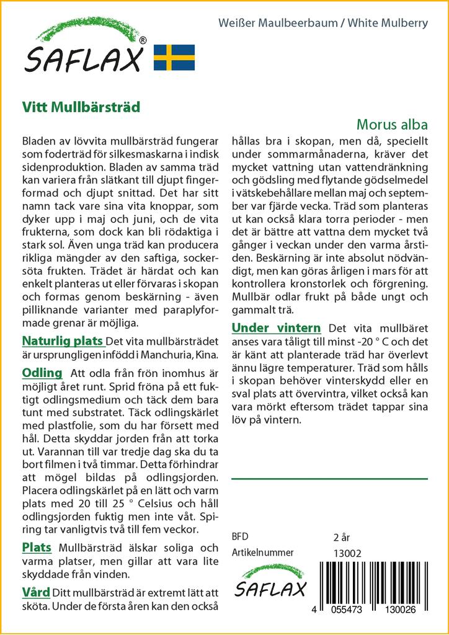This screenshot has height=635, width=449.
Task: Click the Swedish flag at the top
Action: coord(174,57)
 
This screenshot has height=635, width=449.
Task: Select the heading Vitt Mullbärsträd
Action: coord(81,106)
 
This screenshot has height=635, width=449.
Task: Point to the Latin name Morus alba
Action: coord(392,124)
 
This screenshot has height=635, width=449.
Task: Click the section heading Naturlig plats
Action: coord(62,341)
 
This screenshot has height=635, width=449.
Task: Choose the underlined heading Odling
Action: coord(42,373)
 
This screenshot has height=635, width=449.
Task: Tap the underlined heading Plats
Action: coord(37,548)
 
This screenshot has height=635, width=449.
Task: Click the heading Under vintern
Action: coord(276,328)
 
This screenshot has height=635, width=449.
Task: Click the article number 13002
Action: coord(347,553)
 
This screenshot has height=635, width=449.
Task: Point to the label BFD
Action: coord(241,537)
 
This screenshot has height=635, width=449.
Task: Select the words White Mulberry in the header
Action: coord(388,24)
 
